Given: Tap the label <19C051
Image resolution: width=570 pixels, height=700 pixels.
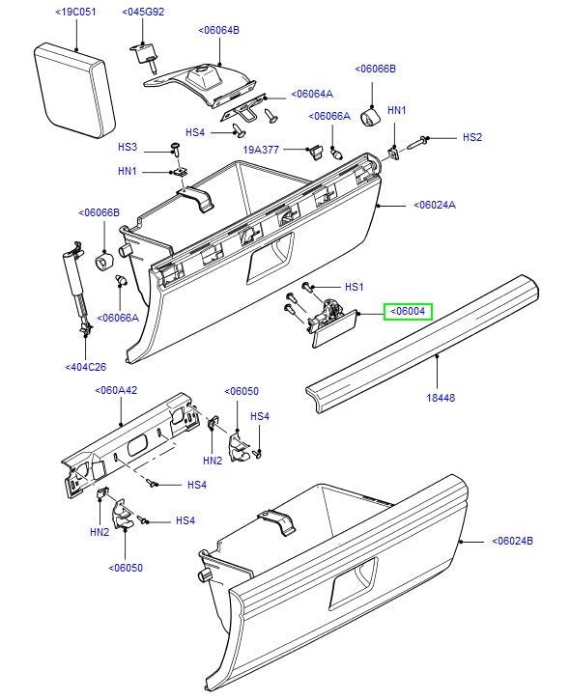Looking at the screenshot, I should pos(78,12).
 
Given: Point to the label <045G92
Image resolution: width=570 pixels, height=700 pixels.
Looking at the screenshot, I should pos(143,12).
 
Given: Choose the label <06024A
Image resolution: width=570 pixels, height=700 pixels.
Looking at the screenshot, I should pos(434,205).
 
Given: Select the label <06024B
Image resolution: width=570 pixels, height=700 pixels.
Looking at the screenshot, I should pos(512,541).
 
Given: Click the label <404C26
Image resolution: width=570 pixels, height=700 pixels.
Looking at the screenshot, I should pos(87,368).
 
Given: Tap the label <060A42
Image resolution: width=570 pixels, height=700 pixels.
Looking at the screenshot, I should pos(117,391).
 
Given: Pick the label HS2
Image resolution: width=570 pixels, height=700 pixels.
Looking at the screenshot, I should pos(471,138).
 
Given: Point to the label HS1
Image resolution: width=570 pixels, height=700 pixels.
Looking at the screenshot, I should pos(354,288).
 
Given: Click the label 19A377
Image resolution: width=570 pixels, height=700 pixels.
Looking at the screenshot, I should pos(260,151).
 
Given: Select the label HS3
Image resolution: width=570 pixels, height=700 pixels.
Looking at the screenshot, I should pos(128,148).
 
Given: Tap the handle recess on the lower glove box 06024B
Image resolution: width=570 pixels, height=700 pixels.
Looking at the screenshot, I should pos(354,585).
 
